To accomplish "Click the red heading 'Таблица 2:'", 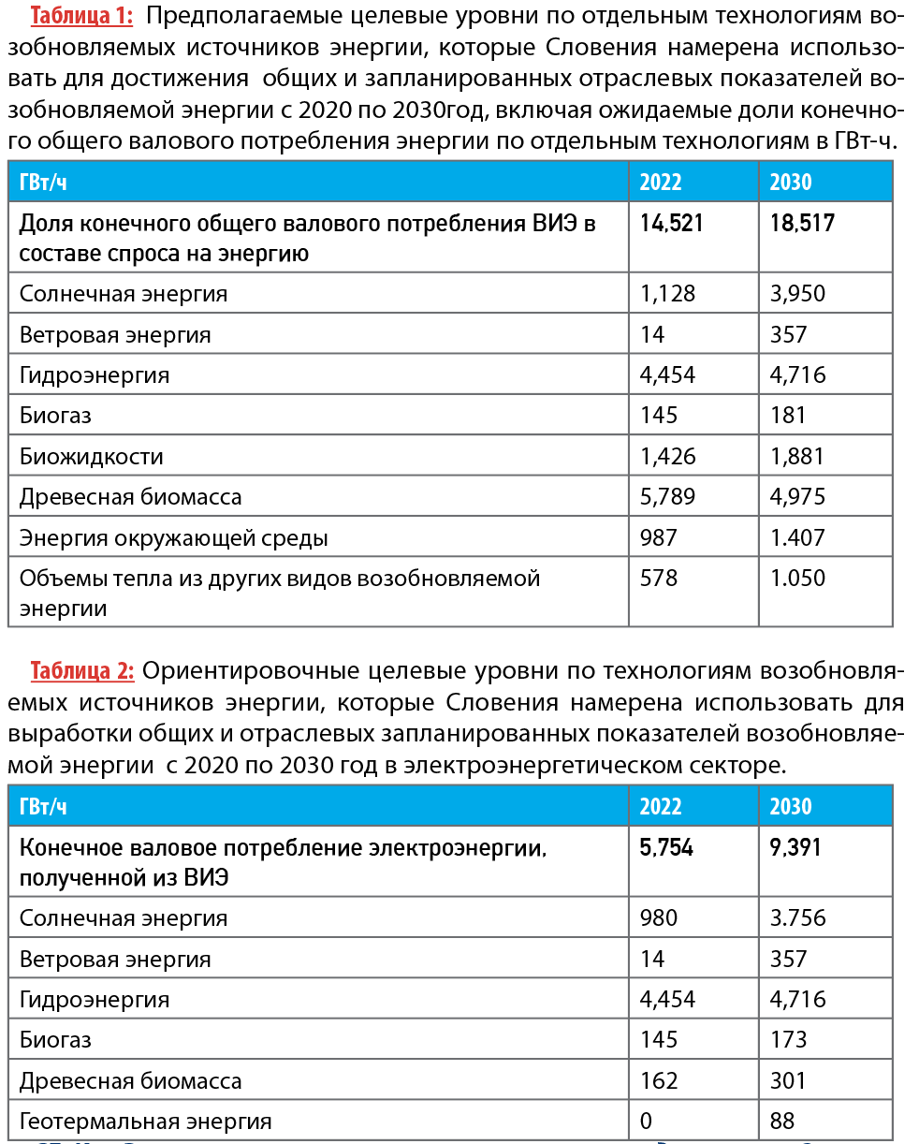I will point(82,671).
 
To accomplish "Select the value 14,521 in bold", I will point(671,223).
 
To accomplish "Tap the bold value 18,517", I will point(802,223).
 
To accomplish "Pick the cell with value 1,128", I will point(667,294).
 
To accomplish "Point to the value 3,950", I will point(797,294).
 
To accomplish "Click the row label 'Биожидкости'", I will point(92,457).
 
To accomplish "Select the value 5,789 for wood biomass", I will point(667,497).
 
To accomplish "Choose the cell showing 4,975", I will point(797,497).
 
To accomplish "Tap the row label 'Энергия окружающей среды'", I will point(174,538).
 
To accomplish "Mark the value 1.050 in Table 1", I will point(797,579).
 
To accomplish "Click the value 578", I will point(659,579).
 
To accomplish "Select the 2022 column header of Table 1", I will point(661,182).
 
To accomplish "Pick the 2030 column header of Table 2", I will point(791,806).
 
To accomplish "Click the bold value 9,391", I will point(795,847).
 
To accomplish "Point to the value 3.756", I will point(797,918).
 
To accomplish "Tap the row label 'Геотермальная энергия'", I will point(146,1122).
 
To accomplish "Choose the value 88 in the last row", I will point(782,1122).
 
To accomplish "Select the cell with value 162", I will point(659,1081).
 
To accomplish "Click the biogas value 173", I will point(788,1040).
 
